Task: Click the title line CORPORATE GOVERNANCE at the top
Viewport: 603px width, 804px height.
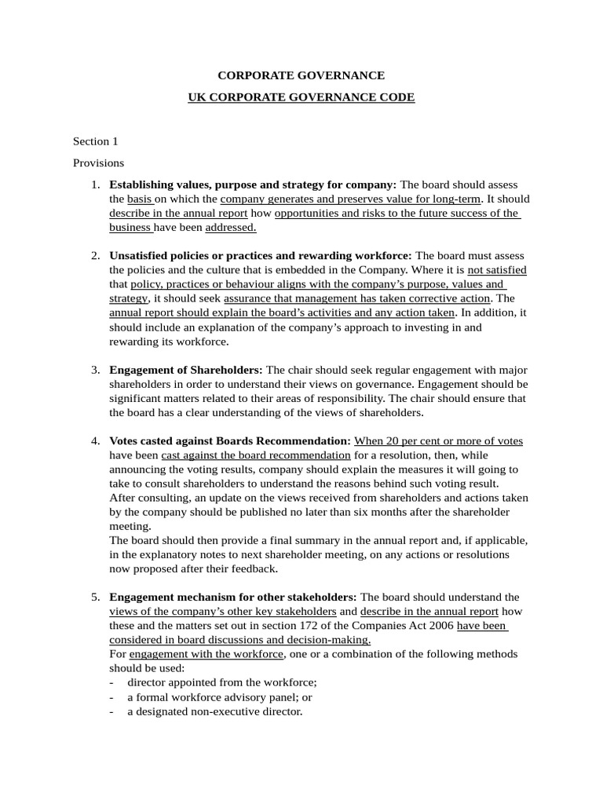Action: [301, 75]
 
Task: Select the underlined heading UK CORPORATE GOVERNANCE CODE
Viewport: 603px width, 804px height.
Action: [301, 97]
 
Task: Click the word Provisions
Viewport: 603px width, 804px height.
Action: [98, 163]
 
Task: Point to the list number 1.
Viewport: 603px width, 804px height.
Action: [94, 185]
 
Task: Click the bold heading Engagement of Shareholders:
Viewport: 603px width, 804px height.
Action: [186, 370]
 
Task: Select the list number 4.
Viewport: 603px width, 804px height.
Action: [94, 440]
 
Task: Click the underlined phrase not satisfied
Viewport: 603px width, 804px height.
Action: [496, 270]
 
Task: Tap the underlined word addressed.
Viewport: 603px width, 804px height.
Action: [231, 228]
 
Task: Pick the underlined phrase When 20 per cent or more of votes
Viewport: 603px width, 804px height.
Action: [438, 440]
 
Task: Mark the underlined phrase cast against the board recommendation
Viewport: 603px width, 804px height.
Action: [255, 455]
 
